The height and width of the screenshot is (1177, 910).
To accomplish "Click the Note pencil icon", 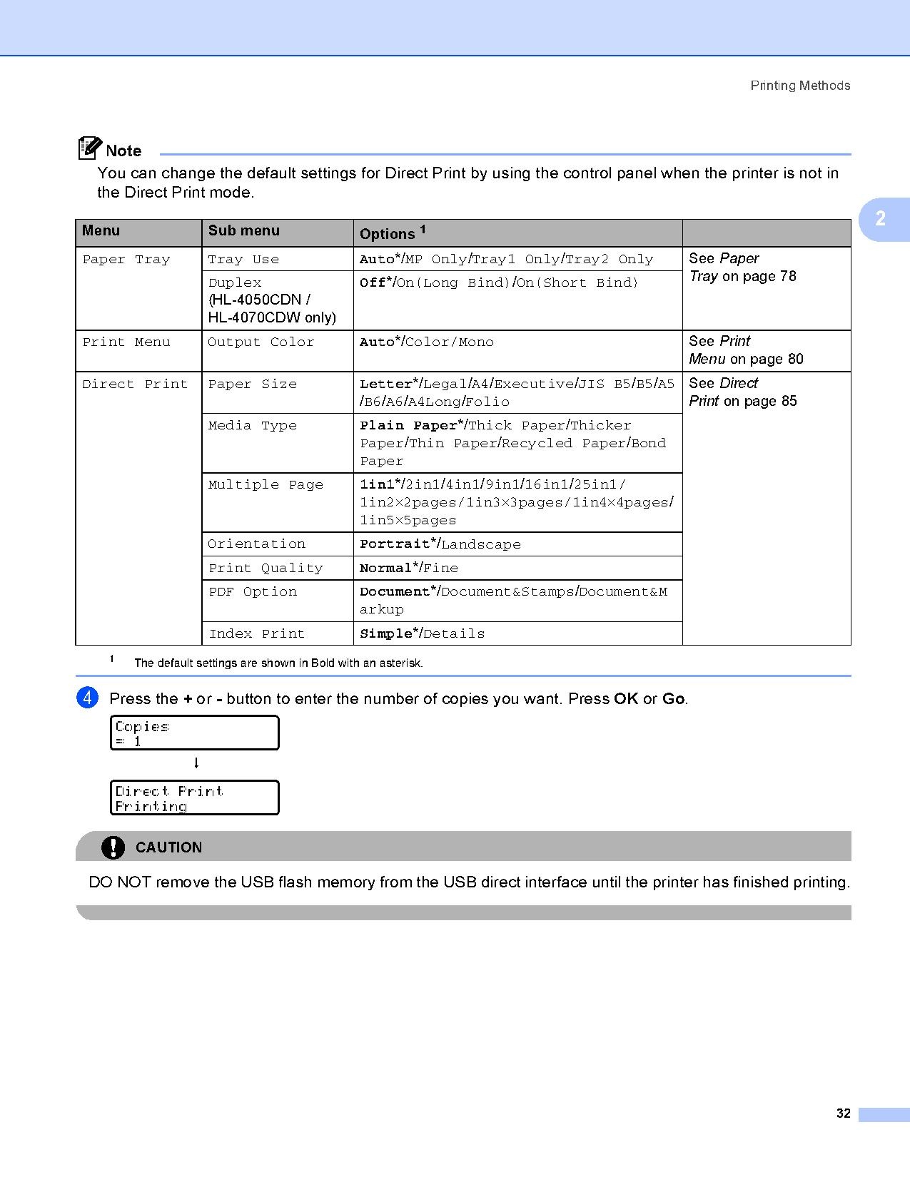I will [x=89, y=148].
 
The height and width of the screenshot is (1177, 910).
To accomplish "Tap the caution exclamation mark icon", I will [x=113, y=847].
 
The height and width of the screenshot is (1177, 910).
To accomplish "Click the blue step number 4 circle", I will [x=87, y=698].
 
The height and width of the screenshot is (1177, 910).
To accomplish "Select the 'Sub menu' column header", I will [x=244, y=231].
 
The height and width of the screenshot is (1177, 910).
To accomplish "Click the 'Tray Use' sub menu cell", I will [x=243, y=260].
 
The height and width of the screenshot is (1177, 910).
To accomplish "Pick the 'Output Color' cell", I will [x=261, y=342].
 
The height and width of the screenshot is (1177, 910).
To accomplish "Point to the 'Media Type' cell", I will [x=253, y=426].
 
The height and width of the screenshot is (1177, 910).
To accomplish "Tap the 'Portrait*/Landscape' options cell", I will [x=440, y=544].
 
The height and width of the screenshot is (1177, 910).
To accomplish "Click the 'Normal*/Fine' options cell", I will [x=409, y=569].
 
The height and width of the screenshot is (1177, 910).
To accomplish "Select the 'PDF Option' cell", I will [x=253, y=592].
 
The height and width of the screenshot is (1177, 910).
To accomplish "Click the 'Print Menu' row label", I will [x=126, y=342].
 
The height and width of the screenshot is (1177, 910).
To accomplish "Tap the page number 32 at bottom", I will [x=844, y=1114].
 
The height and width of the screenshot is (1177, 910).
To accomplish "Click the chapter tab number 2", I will [x=880, y=218].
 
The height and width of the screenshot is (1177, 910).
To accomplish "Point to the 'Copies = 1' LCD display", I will [x=194, y=733].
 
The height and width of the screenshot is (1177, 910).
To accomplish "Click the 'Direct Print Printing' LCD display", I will [x=194, y=798].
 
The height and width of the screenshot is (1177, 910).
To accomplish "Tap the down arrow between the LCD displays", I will [x=196, y=763].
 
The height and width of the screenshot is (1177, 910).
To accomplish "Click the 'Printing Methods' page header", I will [x=800, y=86].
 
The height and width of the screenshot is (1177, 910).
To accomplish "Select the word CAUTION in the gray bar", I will [x=168, y=847].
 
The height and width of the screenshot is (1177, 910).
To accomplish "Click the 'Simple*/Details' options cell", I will [x=423, y=633].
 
